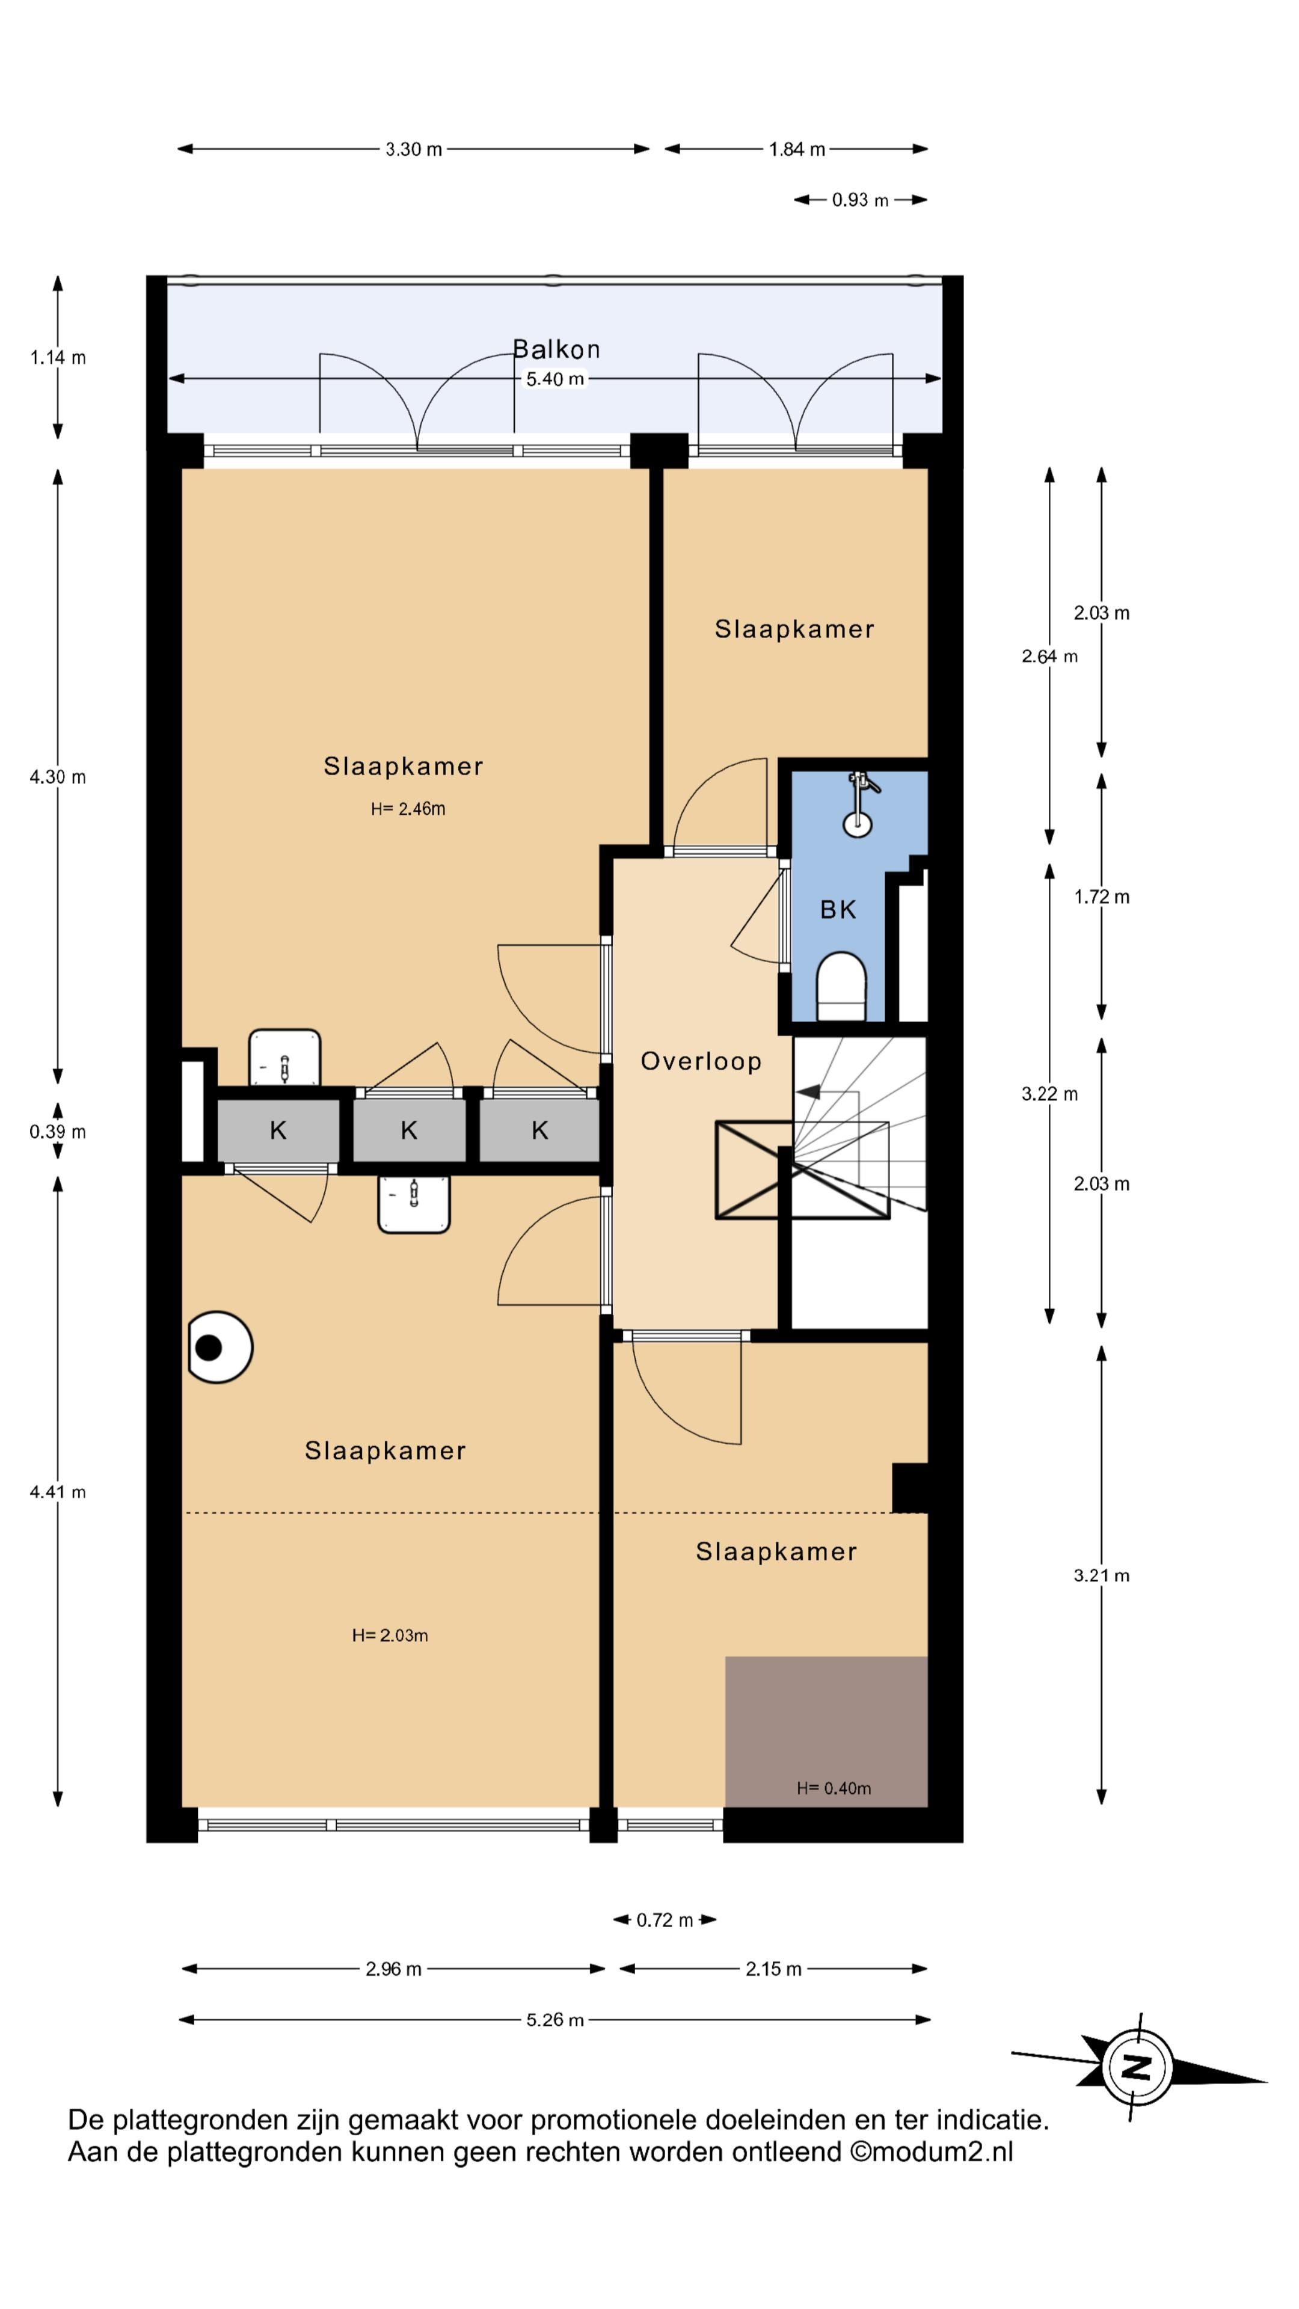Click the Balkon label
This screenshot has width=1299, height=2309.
click(556, 349)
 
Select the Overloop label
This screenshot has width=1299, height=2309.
click(700, 1061)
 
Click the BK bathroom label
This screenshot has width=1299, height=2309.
click(838, 910)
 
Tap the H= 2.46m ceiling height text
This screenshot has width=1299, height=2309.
click(408, 809)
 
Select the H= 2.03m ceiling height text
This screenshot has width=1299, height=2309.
click(389, 1635)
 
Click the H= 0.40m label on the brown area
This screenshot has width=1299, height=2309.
click(833, 1788)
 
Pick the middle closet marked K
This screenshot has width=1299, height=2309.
click(409, 1130)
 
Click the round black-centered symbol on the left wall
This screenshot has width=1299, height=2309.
click(219, 1347)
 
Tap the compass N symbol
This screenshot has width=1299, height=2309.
click(1136, 2068)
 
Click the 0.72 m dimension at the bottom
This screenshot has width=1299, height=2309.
click(665, 1920)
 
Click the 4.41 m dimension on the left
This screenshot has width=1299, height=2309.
click(57, 1491)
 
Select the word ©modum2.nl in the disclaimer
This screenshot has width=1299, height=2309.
click(932, 2152)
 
